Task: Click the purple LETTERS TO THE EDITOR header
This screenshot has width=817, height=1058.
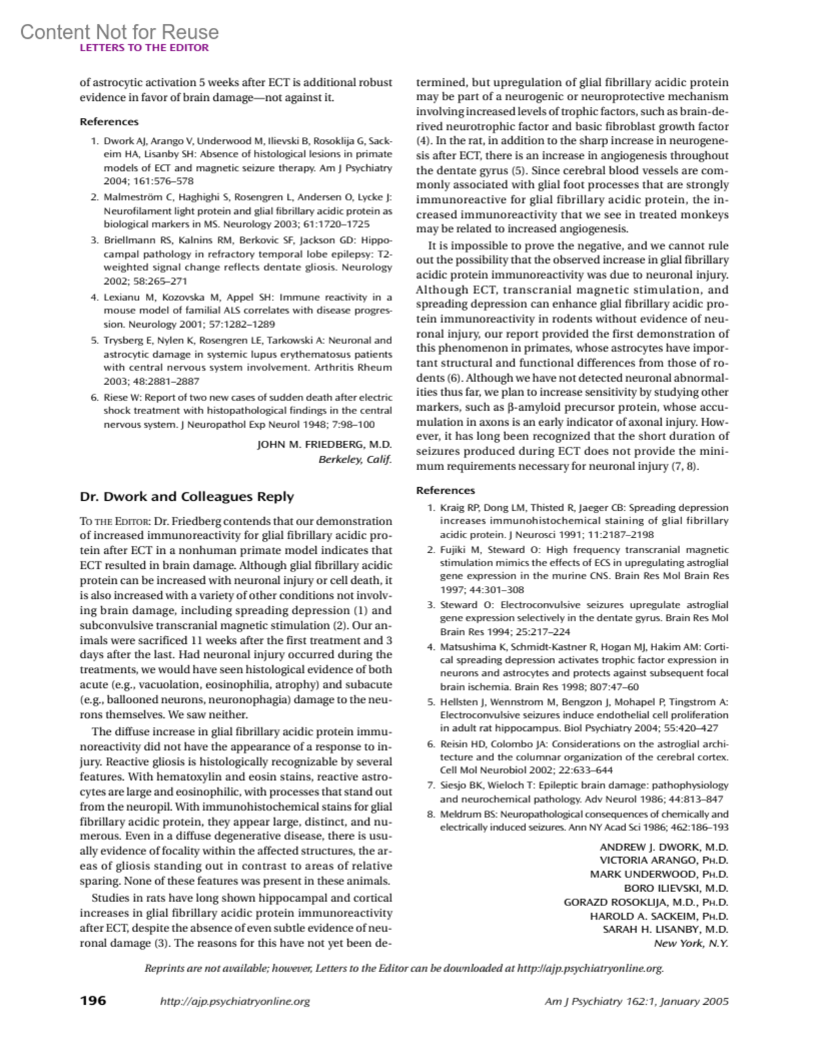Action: point(144,48)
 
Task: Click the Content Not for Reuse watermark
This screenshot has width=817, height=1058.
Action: point(119,31)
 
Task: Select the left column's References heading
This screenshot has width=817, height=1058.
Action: point(109,121)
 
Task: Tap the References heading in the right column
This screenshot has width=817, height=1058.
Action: point(445,490)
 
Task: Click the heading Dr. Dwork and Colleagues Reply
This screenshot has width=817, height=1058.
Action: point(187,497)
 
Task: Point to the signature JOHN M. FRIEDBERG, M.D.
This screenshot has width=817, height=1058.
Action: point(324,445)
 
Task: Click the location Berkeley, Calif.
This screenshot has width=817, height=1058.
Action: point(355,459)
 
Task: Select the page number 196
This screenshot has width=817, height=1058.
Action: point(93,1001)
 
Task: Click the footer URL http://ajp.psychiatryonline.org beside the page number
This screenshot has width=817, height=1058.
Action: point(234,1001)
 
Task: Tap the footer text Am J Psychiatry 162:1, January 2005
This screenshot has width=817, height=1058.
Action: point(637,1001)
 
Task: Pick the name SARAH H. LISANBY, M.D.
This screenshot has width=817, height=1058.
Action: point(665,929)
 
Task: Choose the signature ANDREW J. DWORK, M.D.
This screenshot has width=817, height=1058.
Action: point(664,847)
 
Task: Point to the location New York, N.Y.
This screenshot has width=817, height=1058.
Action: point(690,944)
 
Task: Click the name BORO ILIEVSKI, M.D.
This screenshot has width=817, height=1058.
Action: point(676,888)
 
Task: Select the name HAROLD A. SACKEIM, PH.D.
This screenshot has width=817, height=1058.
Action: point(658,916)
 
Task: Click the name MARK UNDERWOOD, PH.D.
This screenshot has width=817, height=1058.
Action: point(658,874)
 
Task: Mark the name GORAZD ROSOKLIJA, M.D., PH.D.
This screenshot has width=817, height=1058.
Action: point(645,902)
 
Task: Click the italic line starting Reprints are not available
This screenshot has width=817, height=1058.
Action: point(404,968)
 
